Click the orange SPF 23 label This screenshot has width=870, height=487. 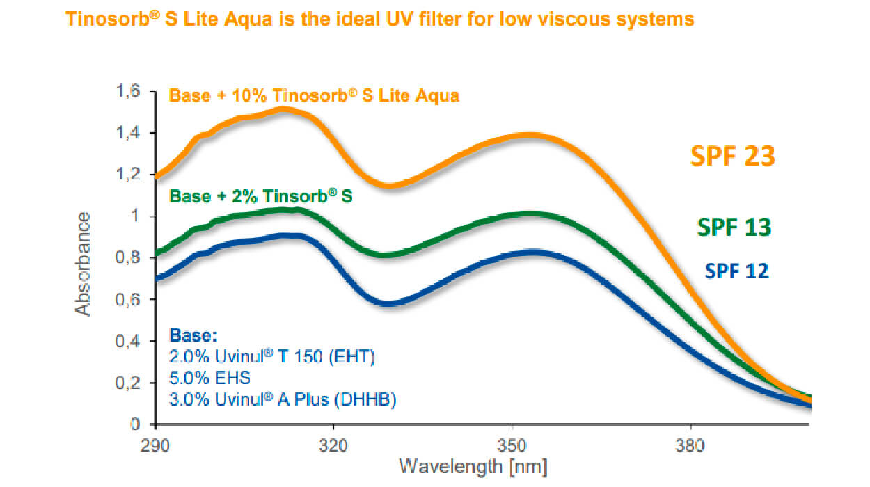click(x=732, y=156)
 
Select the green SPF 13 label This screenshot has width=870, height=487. click(x=734, y=227)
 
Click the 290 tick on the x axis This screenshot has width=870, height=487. click(x=155, y=443)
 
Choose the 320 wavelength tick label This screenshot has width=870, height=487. click(x=333, y=443)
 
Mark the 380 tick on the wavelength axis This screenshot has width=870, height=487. click(x=690, y=443)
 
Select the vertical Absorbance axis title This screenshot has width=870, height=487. click(x=84, y=264)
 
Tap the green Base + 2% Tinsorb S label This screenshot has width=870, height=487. click(x=261, y=196)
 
